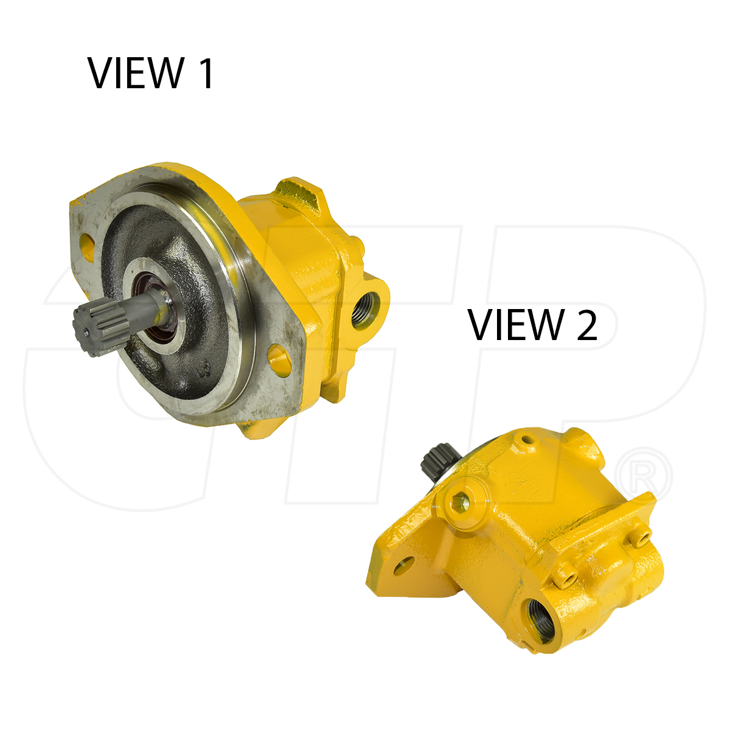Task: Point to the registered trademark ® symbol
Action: coord(645,476)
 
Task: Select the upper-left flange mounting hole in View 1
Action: coord(87,246)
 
